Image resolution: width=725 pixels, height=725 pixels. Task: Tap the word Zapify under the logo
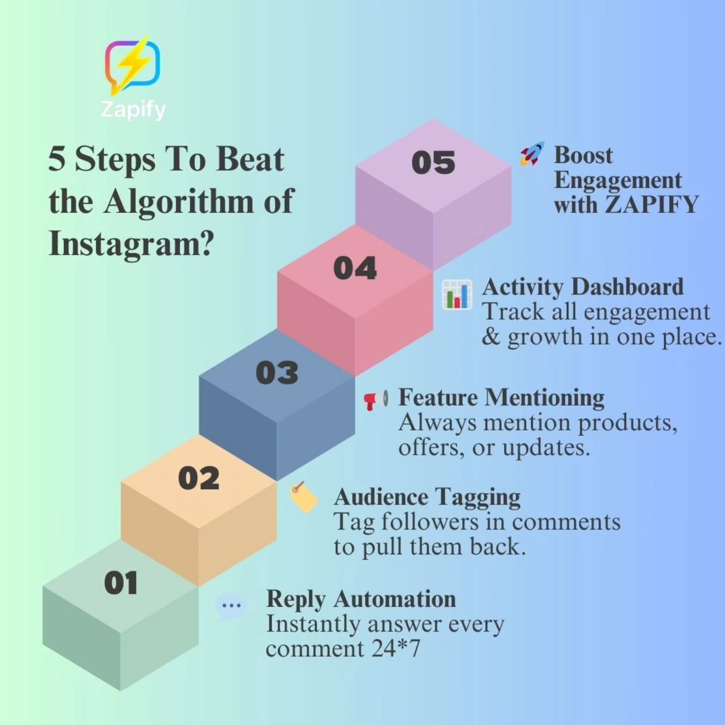[133, 109]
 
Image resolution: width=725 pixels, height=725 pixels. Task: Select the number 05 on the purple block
[433, 163]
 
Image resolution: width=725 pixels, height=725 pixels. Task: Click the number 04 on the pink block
[355, 268]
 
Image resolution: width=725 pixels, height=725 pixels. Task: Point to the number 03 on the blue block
[277, 373]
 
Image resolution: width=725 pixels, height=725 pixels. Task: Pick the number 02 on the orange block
[199, 478]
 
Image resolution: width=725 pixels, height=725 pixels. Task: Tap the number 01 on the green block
[121, 584]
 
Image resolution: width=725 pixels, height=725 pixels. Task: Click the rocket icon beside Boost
[532, 154]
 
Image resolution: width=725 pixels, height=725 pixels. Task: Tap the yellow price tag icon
[304, 497]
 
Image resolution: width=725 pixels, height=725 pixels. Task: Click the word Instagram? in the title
[131, 244]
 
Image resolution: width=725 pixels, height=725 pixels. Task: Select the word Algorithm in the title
[179, 202]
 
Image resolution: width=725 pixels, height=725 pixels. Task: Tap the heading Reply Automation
[360, 599]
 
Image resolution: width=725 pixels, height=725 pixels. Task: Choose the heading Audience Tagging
[427, 497]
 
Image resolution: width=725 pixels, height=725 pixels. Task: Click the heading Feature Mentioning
[501, 397]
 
